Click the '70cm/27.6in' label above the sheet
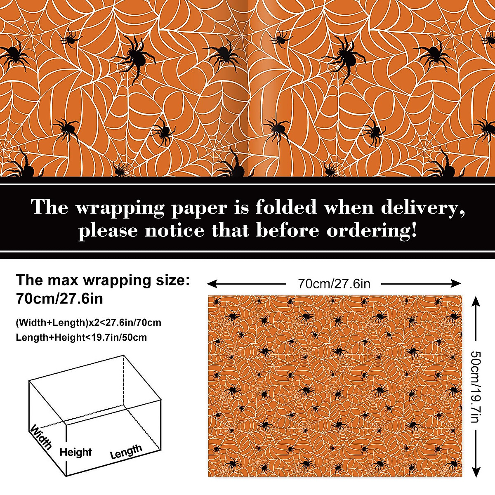pyautogui.click(x=334, y=284)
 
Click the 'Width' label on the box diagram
pyautogui.click(x=41, y=437)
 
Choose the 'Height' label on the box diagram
pyautogui.click(x=75, y=452)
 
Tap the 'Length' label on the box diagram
pyautogui.click(x=126, y=452)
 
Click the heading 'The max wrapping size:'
pyautogui.click(x=103, y=280)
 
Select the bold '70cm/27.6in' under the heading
pyautogui.click(x=59, y=298)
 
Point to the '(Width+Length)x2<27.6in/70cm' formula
pyautogui.click(x=88, y=322)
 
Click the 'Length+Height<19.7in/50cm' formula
pyautogui.click(x=81, y=337)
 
